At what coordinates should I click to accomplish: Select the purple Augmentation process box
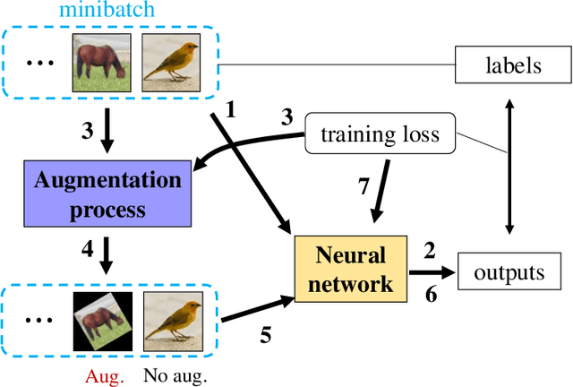coord(107,194)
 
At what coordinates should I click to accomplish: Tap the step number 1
coord(230,110)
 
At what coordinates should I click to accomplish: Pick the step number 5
coord(265,336)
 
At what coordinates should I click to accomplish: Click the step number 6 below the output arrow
coord(431,294)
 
